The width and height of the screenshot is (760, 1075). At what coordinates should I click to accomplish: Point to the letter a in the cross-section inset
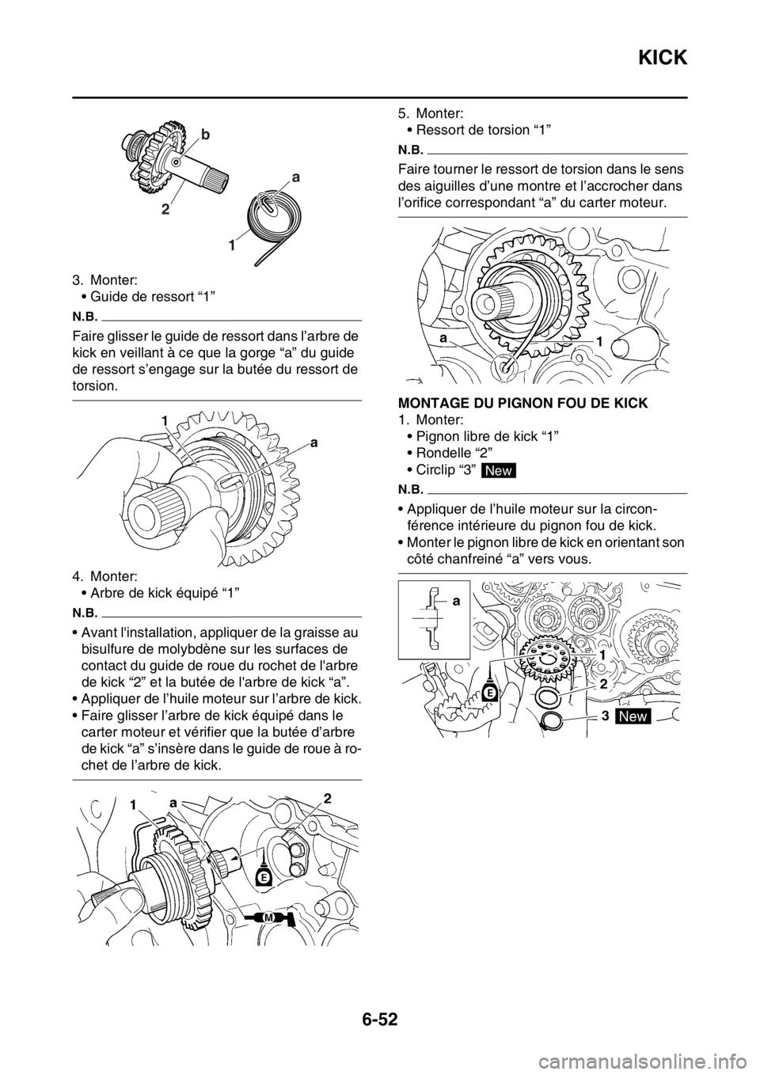pos(457,602)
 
